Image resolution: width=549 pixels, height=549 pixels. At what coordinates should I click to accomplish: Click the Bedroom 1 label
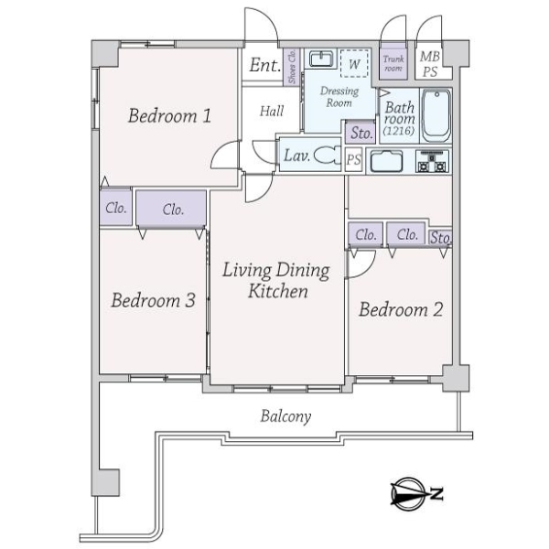pos(170,116)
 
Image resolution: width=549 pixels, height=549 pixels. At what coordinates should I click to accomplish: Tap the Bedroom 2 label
pos(400,309)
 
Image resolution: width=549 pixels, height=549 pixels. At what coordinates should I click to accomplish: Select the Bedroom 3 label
pos(153,300)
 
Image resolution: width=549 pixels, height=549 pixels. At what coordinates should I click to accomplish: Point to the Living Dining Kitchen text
pos(277,281)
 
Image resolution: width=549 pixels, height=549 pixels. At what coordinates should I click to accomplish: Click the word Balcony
pos(285,416)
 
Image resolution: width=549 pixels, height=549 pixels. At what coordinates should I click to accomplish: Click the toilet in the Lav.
pos(327,156)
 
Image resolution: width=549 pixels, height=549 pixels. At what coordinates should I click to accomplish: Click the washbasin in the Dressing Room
pos(319,60)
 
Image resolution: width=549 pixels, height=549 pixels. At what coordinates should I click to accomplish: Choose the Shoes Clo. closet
pos(292,68)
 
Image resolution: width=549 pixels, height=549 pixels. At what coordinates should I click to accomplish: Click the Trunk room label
pos(393,63)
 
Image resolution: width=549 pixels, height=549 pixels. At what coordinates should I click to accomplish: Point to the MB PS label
pos(429,62)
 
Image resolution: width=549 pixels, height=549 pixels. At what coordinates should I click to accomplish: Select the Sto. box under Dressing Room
pos(361,133)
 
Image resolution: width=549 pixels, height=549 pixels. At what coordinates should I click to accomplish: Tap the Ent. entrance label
pos(264,66)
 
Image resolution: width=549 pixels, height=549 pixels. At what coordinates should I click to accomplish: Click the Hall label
pos(271,111)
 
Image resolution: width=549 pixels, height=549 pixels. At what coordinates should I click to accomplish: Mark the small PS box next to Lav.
pos(354,159)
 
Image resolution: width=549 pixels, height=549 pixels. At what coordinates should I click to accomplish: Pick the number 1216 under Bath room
pos(399,132)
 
